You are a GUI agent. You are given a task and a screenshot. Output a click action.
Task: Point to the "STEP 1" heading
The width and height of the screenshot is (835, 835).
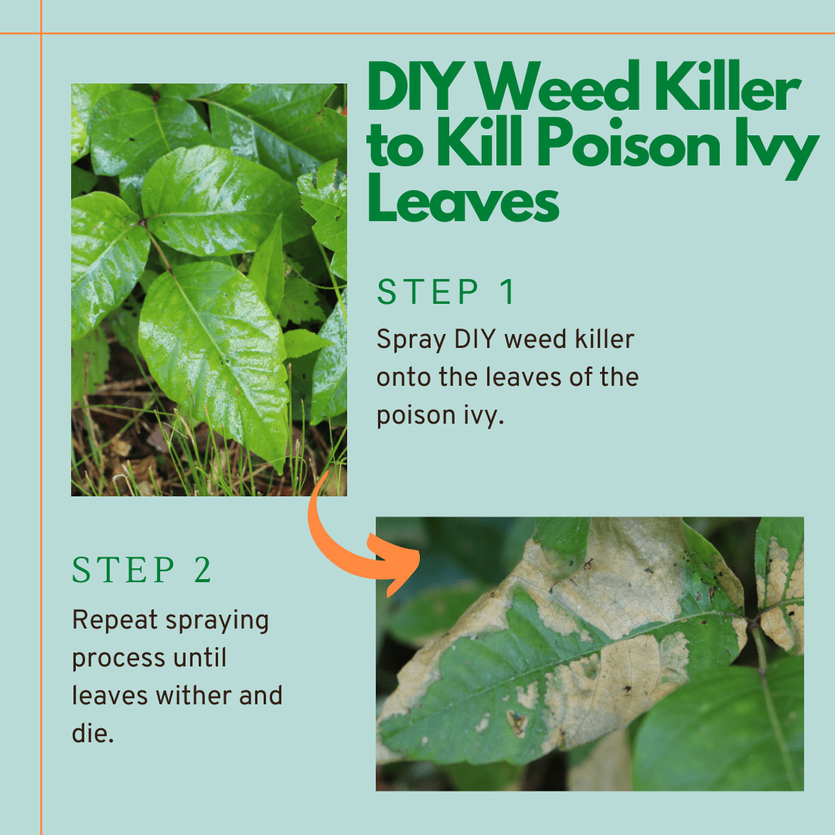point(446,292)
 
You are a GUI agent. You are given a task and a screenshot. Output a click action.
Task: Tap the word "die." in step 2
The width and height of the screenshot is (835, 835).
point(93,732)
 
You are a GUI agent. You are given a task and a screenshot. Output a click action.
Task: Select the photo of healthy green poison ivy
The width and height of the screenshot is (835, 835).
point(209,289)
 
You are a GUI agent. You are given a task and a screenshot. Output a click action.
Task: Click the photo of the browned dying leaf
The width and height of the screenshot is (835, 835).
point(589,653)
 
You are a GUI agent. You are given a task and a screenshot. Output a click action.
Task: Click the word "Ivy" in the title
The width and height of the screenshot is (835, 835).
point(774,148)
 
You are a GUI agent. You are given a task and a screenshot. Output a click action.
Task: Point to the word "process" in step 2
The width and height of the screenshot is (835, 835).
point(118,658)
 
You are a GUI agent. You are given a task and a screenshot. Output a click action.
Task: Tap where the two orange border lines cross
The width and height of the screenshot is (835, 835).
point(41,33)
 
